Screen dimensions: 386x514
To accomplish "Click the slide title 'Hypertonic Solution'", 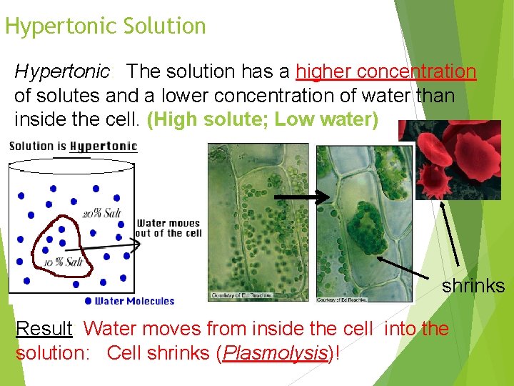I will click(x=105, y=26).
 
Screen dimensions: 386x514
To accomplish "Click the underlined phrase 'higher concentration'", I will click(x=385, y=72).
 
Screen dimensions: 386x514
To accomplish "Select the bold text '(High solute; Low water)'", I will click(x=262, y=119).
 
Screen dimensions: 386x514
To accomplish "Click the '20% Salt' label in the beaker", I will click(x=101, y=214).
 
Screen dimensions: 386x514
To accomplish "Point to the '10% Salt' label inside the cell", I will click(x=64, y=262).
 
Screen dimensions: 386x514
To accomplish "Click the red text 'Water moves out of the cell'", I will click(x=168, y=228).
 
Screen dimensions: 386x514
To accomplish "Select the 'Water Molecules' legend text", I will click(x=134, y=301).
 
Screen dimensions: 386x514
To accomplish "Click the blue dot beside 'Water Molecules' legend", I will click(x=88, y=301).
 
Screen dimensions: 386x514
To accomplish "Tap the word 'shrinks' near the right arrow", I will click(x=473, y=287).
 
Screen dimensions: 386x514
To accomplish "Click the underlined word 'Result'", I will click(x=44, y=329).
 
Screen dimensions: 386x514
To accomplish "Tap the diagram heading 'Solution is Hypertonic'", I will click(x=73, y=147).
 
